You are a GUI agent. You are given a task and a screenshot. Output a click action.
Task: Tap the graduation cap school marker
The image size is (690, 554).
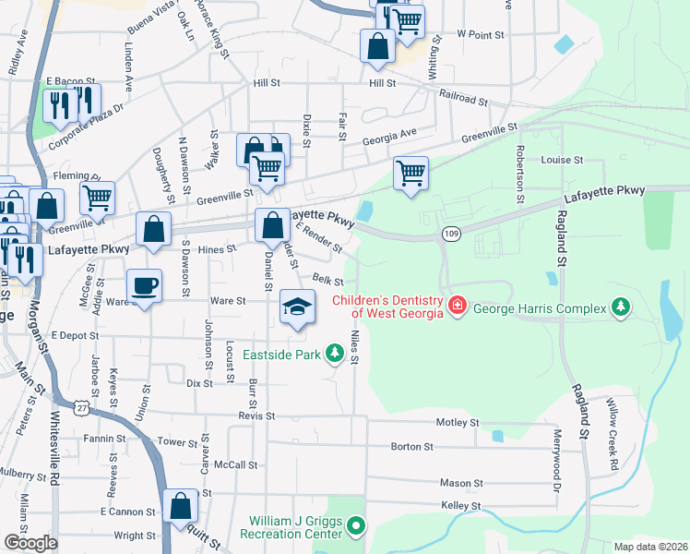pos(297,307)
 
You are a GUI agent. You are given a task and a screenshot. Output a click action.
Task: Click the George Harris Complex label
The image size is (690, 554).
pos(540,307)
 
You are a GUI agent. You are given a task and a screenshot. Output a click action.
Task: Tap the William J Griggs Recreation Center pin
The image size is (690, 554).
pos(357,528)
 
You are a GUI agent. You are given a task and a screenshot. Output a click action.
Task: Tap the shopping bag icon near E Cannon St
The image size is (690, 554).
pos(181,504)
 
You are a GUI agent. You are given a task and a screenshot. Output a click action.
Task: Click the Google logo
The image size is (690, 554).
pos(30,542)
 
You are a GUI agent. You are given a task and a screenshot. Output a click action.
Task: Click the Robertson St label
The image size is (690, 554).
pos(520,174)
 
